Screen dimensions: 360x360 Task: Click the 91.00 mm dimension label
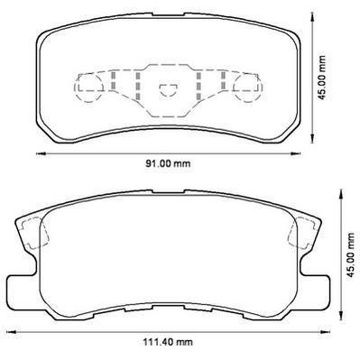pos(168,163)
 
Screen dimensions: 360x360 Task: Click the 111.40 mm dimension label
pos(168,342)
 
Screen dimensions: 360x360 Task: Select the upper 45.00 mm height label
pos(322,78)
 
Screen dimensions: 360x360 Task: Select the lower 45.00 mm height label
pos(350,255)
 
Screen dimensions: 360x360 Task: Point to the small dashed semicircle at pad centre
pos(168,89)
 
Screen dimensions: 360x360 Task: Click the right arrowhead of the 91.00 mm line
pos(295,154)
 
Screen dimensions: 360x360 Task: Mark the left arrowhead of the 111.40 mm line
pos(11,332)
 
